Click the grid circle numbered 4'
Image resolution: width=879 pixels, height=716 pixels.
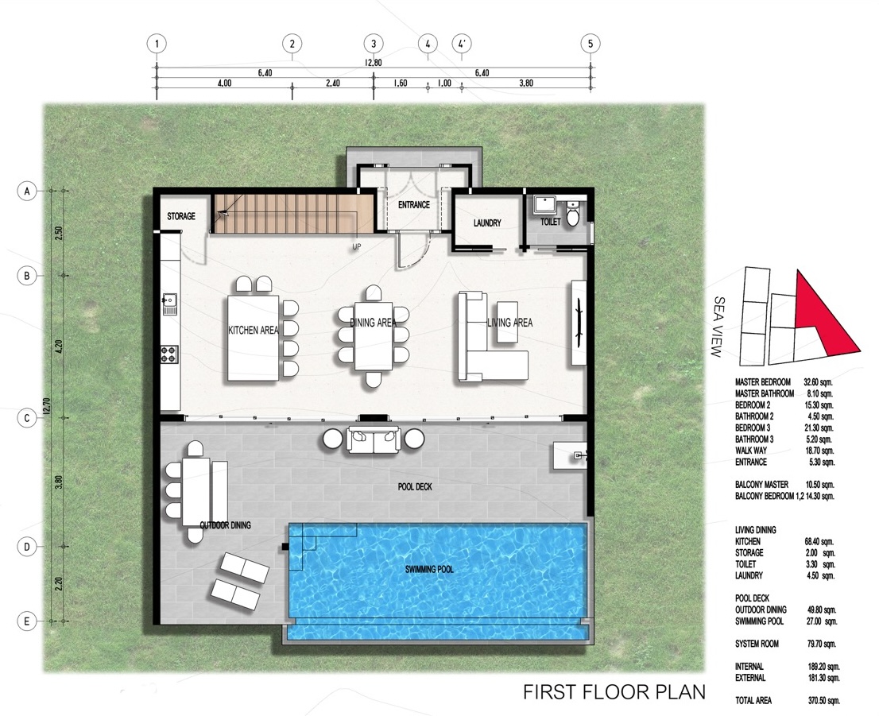pos(462,43)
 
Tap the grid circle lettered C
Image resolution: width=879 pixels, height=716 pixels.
pos(26,418)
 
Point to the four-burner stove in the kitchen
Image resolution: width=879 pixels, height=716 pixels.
pos(169,354)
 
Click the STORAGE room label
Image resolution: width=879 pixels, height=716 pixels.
pos(181,216)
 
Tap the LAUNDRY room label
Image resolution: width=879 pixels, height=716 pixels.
pos(487,223)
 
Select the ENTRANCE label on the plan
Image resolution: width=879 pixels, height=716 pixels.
pos(414,205)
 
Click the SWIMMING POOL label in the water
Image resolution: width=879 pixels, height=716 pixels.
pos(429,570)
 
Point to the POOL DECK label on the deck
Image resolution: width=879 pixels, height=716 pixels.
pos(415,486)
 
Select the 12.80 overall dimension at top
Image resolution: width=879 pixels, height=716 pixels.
pos(374,63)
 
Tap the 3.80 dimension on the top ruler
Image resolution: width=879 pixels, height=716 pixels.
pos(526,83)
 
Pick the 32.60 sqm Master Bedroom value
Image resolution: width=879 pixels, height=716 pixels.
pos(819,381)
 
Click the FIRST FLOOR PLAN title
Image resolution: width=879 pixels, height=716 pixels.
pos(614,692)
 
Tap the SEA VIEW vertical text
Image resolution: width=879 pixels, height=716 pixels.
pos(718,327)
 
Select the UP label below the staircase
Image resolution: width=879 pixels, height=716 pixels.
pos(357,246)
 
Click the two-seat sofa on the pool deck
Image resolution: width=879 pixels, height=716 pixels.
pos(374,439)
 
